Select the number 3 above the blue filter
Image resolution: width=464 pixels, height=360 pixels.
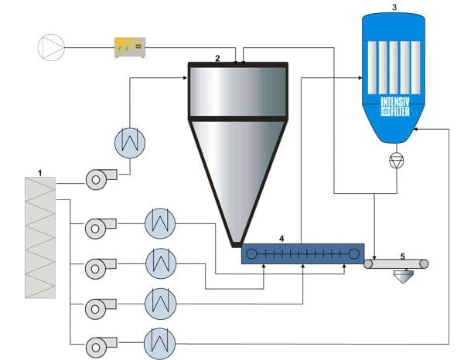[394, 6]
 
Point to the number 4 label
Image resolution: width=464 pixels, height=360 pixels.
[281, 239]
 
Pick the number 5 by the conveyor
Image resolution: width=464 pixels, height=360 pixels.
[402, 254]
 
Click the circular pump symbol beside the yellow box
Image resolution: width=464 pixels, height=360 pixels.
[53, 47]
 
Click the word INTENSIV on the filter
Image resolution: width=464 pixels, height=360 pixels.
[394, 102]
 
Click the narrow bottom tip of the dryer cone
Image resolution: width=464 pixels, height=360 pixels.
[236, 243]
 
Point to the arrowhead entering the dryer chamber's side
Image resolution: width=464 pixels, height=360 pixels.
[186, 76]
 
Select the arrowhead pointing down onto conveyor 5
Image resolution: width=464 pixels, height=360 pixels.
[374, 257]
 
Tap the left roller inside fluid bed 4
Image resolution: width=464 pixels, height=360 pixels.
[251, 253]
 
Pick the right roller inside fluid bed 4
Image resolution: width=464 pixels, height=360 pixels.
[354, 253]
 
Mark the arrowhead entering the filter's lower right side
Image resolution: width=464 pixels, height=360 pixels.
[416, 129]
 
